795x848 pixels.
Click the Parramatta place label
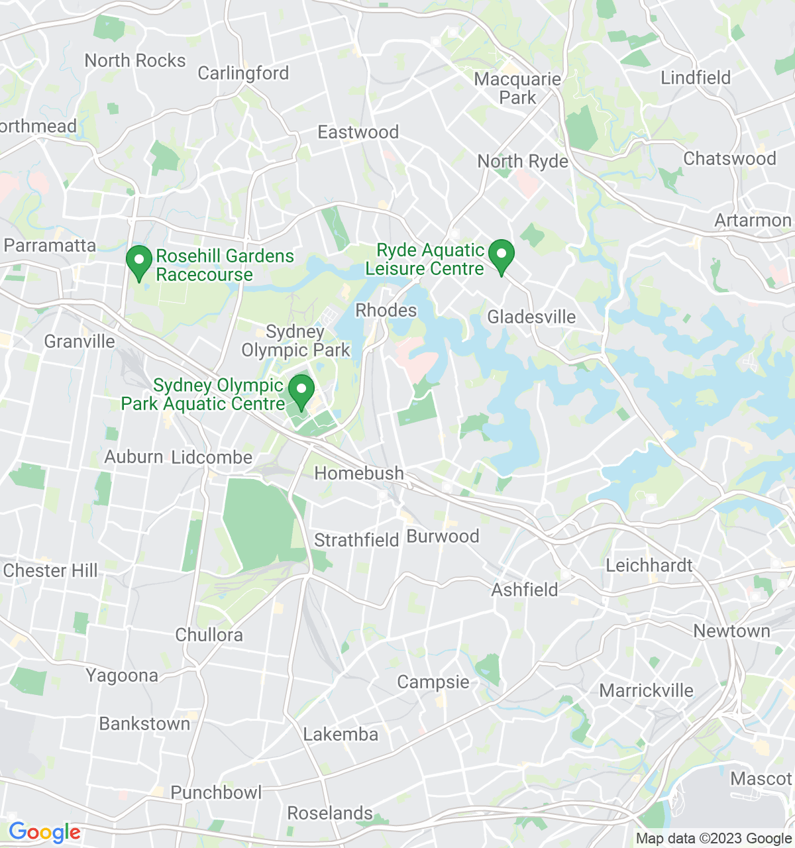click(50, 246)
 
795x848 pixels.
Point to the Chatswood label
click(729, 159)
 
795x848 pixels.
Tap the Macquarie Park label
click(517, 89)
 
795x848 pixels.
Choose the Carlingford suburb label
click(243, 73)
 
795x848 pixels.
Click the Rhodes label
click(386, 311)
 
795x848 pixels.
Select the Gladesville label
click(531, 317)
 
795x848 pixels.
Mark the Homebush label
click(359, 474)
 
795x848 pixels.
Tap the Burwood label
click(443, 537)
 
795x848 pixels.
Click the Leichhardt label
click(649, 566)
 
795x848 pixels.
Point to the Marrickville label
click(646, 691)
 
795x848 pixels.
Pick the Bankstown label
click(144, 724)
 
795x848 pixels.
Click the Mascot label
click(761, 779)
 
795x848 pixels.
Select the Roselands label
click(330, 814)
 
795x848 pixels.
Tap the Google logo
click(44, 832)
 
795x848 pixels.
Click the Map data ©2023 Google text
click(714, 839)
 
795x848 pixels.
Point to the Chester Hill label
click(50, 571)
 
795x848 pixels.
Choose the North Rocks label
click(135, 61)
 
